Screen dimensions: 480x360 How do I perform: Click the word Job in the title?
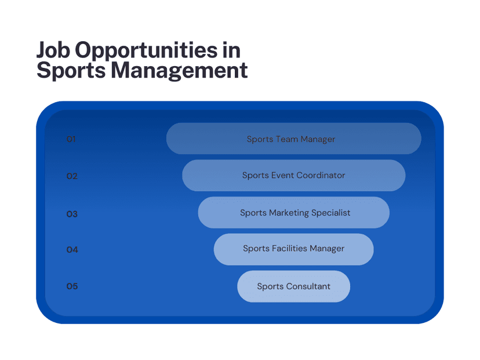53,50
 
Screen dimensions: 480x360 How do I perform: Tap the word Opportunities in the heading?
146,51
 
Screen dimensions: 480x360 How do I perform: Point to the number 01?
71,139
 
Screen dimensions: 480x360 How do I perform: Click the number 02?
72,176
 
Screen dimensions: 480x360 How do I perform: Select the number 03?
72,214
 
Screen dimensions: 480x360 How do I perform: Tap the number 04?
72,250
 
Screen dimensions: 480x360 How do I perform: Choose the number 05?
72,286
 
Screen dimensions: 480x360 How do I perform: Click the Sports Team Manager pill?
294,139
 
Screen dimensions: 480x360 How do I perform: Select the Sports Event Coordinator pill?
294,176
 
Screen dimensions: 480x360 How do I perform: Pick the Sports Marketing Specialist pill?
294,212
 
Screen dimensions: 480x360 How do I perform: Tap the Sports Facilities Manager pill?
294,249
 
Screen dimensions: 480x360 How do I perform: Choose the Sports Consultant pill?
294,286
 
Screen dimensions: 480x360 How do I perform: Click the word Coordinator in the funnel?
321,176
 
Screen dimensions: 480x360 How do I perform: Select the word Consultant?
308,286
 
